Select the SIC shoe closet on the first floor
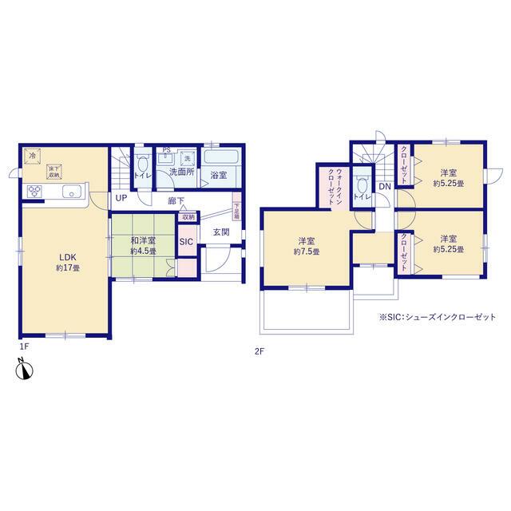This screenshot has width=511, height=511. pyautogui.click(x=185, y=242)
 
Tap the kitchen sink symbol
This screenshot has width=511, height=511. pyautogui.click(x=69, y=191)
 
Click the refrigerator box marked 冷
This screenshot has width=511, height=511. pyautogui.click(x=32, y=156)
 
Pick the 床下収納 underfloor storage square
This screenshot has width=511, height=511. pyautogui.click(x=54, y=171)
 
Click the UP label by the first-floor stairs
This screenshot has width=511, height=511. pyautogui.click(x=120, y=198)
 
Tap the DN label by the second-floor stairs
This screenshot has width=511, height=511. pyautogui.click(x=383, y=187)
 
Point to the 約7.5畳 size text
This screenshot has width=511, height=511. pyautogui.click(x=307, y=252)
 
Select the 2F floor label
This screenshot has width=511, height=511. pyautogui.click(x=259, y=350)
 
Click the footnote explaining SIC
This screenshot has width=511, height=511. pyautogui.click(x=437, y=317)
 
